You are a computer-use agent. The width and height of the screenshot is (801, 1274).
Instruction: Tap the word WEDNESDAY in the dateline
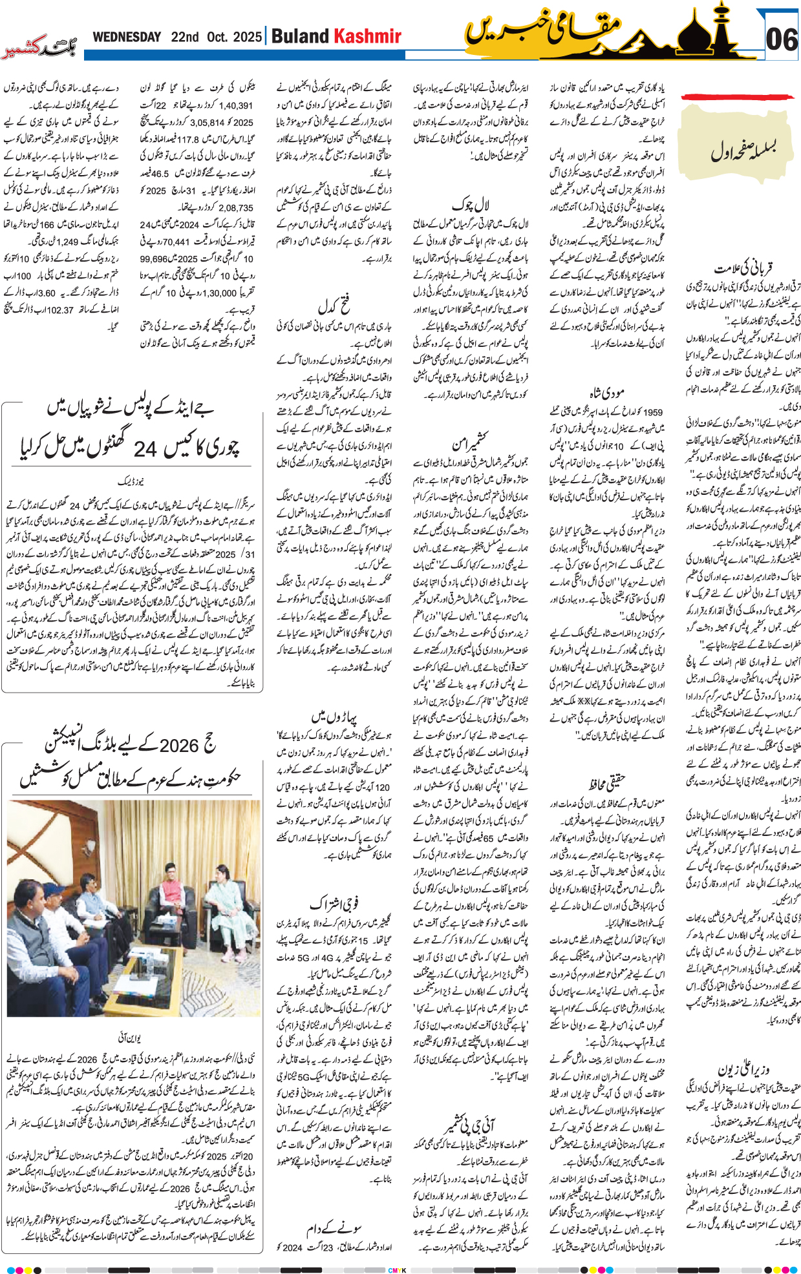coord(127,37)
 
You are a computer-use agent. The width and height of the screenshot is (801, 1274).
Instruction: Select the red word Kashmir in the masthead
coord(367,37)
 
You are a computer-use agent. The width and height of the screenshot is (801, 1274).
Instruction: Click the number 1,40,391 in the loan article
coord(235,105)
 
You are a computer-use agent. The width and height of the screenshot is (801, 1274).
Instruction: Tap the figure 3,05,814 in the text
coord(207,122)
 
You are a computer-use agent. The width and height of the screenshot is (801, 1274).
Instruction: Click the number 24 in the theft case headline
coord(145,446)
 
